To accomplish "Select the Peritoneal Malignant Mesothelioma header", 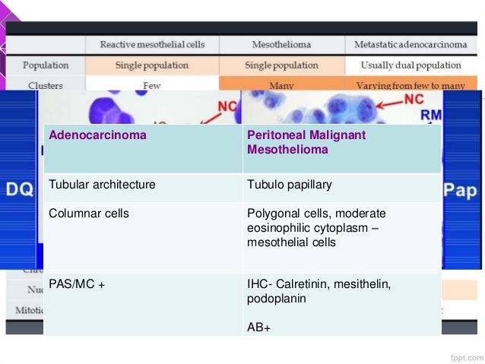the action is tap(296, 142).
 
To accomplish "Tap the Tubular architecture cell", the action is tap(102, 185).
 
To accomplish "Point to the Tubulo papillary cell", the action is tap(289, 185).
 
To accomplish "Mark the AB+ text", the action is tap(258, 328).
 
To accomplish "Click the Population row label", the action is tap(46, 65).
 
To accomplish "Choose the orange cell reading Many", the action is tap(281, 85).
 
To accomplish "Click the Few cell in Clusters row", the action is tap(152, 85).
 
